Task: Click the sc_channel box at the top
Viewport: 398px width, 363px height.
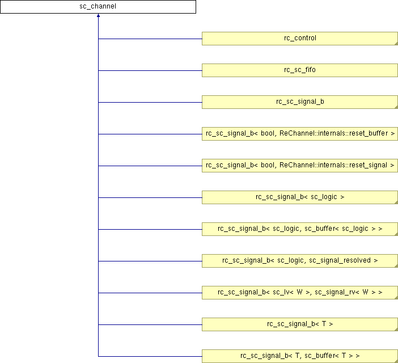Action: click(98, 7)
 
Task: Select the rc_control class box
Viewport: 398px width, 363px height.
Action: click(300, 39)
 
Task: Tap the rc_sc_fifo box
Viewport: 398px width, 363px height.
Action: click(300, 70)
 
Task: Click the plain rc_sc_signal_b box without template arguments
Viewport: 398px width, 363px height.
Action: click(300, 102)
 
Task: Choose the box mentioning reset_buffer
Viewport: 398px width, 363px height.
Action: click(300, 134)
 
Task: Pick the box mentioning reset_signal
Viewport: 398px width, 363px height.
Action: click(300, 166)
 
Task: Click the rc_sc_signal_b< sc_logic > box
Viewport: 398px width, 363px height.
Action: click(300, 197)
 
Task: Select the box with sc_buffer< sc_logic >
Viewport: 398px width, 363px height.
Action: click(300, 229)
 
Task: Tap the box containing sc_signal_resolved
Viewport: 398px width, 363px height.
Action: click(300, 261)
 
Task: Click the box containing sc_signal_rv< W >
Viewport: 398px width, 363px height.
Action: click(300, 293)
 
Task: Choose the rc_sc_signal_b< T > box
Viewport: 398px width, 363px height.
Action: click(300, 324)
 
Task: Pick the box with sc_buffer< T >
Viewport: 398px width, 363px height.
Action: click(300, 356)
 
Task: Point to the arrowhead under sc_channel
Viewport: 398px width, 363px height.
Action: click(98, 15)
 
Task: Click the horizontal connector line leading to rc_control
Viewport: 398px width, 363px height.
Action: click(150, 39)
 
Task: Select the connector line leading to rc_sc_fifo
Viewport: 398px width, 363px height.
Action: click(150, 70)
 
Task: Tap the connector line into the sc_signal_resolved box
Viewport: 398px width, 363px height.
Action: click(150, 261)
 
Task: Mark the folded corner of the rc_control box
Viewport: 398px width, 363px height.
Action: click(396, 44)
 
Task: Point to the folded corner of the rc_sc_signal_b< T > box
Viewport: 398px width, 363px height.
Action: click(396, 329)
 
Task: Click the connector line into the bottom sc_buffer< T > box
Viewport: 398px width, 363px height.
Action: click(150, 356)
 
